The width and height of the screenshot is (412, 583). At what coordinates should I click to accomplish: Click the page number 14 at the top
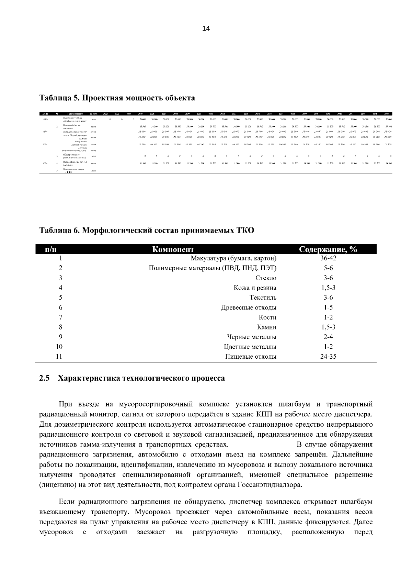click(x=206, y=29)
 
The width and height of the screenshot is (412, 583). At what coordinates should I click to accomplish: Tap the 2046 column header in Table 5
click(x=386, y=114)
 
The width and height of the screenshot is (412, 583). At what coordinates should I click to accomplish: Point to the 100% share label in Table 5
click(x=45, y=119)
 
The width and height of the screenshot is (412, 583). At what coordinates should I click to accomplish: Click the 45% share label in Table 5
click(x=45, y=164)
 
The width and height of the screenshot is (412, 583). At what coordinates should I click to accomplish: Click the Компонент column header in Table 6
click(x=173, y=249)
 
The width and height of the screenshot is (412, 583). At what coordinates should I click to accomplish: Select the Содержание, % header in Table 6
click(x=328, y=249)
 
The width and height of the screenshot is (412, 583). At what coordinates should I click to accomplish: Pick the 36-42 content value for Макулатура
click(x=328, y=258)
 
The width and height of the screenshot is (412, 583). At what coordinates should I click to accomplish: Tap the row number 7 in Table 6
click(x=60, y=317)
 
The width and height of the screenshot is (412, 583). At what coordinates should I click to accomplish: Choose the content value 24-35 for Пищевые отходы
click(x=328, y=357)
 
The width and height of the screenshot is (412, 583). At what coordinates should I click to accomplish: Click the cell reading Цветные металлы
click(x=250, y=347)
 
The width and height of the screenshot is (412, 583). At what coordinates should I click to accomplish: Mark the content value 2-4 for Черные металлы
click(x=328, y=337)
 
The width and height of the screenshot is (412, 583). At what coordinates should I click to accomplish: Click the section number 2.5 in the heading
click(x=45, y=378)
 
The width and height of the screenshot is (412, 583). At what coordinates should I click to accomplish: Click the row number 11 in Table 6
click(x=59, y=357)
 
